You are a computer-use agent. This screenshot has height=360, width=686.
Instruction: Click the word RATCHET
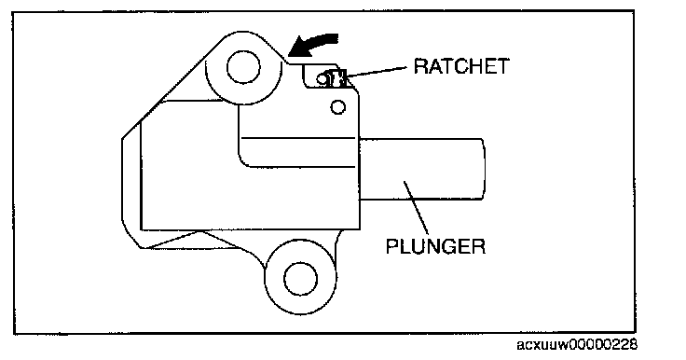[461, 66]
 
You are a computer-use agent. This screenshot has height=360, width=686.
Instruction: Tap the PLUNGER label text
[436, 246]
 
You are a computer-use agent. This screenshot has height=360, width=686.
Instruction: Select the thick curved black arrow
[313, 45]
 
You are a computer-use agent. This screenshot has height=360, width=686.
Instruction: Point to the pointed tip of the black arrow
[288, 56]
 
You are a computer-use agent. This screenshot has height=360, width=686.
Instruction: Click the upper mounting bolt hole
[243, 67]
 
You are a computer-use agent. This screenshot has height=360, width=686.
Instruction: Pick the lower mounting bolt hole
[300, 279]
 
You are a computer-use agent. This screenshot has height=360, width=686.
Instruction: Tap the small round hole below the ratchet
[337, 107]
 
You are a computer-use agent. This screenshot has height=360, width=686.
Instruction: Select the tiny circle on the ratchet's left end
[322, 79]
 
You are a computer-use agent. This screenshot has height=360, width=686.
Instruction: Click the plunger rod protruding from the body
[421, 170]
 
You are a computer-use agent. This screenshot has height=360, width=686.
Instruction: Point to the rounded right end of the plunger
[484, 170]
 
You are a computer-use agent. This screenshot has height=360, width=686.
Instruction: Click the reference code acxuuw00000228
[577, 345]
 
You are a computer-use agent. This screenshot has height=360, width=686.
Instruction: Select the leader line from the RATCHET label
[378, 72]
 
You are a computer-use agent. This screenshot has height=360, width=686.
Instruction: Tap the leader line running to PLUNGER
[416, 208]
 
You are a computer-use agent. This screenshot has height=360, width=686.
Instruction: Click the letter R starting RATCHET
[421, 66]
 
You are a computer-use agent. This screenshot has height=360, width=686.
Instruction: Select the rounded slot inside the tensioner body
[297, 152]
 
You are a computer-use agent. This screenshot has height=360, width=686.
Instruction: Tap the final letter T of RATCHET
[503, 66]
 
